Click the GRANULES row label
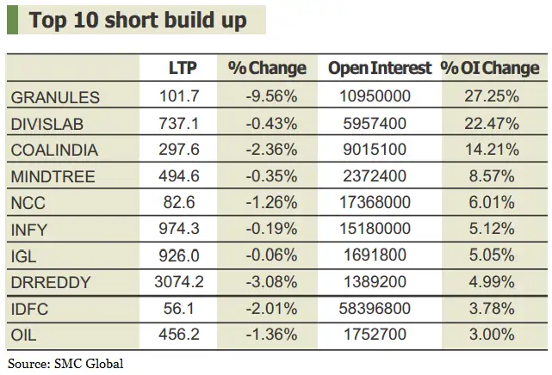[55, 97]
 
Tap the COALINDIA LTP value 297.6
[182, 151]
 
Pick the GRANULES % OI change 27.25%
[492, 97]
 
